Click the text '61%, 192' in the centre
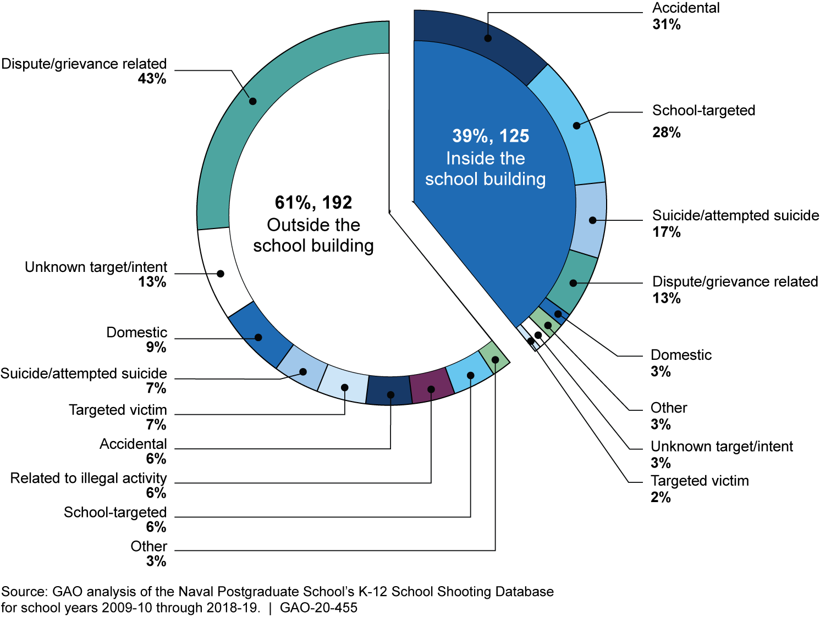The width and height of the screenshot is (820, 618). [313, 203]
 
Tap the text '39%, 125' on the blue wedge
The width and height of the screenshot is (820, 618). [491, 136]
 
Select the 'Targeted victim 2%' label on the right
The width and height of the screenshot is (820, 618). [699, 488]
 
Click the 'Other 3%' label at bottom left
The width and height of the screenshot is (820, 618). [149, 553]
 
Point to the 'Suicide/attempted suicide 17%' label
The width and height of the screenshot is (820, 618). [735, 223]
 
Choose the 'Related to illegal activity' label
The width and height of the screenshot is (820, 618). [89, 478]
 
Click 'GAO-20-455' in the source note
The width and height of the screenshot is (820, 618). [318, 608]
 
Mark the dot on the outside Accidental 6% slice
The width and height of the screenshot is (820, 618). [390, 394]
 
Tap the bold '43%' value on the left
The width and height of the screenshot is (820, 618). [152, 79]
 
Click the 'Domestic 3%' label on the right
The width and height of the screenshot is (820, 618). [680, 363]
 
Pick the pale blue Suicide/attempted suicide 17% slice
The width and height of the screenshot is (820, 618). [590, 220]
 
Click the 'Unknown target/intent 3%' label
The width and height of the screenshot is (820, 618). [721, 454]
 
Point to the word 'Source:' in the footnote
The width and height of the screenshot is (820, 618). [24, 592]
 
